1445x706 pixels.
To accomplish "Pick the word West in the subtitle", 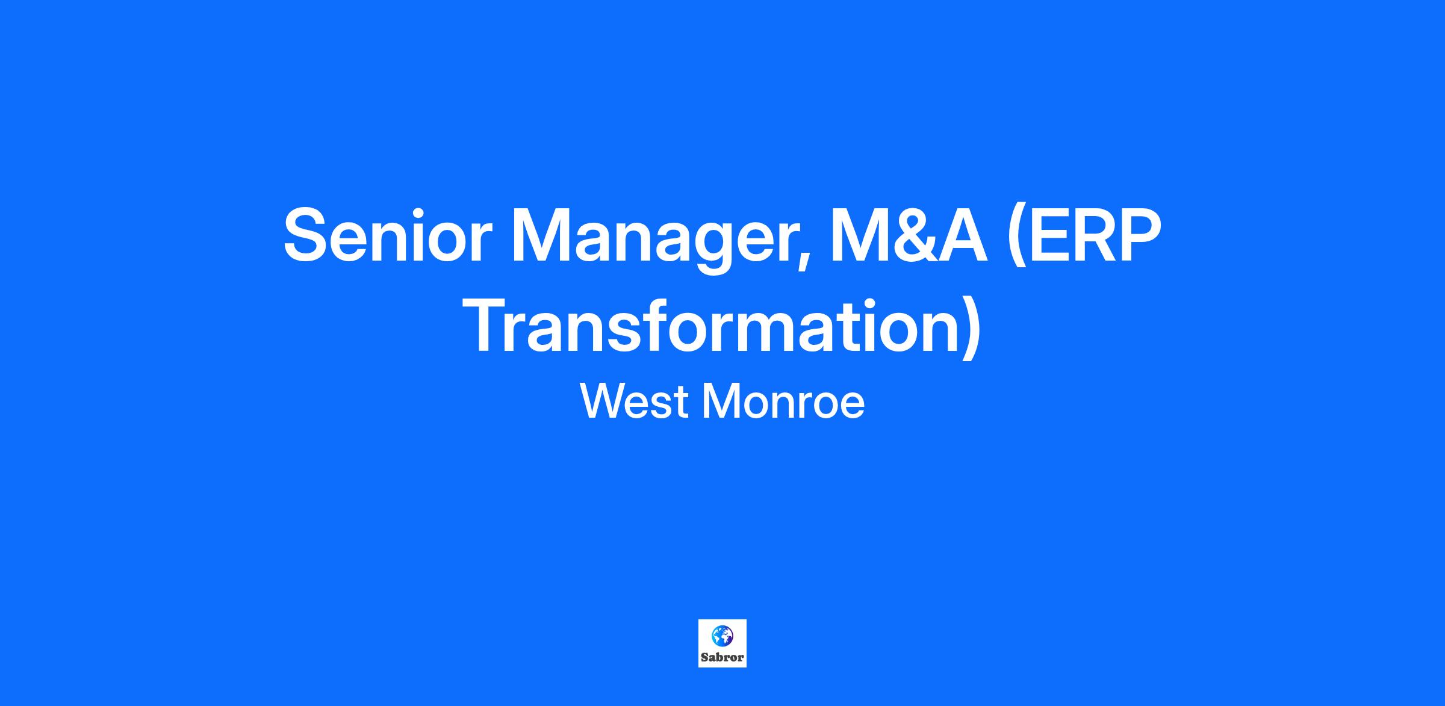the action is (x=635, y=401).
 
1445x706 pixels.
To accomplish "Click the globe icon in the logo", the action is (x=722, y=634).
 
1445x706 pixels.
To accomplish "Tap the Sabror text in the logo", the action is (x=722, y=657).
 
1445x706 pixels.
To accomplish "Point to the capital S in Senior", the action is (x=308, y=235).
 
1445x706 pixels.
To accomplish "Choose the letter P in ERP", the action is (x=1137, y=235).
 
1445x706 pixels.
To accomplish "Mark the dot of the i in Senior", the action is (x=419, y=211).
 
